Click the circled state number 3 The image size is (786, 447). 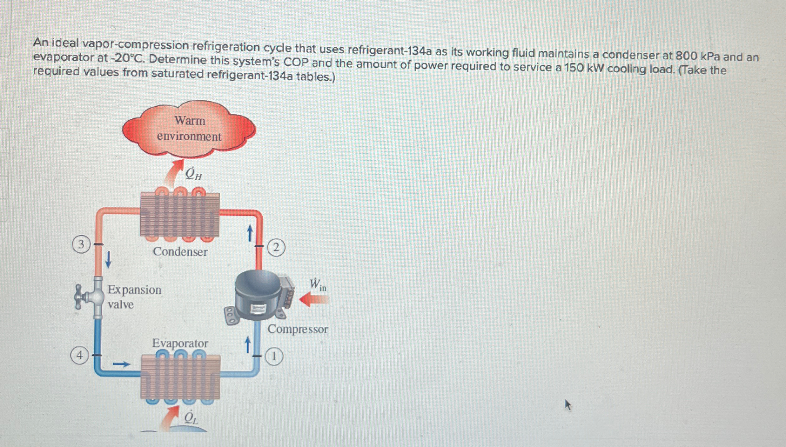pyautogui.click(x=81, y=244)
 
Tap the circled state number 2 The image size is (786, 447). pyautogui.click(x=276, y=247)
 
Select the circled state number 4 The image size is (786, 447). pyautogui.click(x=79, y=355)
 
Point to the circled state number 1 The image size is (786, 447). pyautogui.click(x=274, y=356)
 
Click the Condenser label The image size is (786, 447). pyautogui.click(x=180, y=252)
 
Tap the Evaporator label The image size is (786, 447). pyautogui.click(x=180, y=343)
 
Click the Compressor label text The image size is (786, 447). pyautogui.click(x=298, y=329)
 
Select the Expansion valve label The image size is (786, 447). pyautogui.click(x=134, y=297)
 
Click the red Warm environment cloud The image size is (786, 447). pyautogui.click(x=189, y=129)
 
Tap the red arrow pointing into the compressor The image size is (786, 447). pyautogui.click(x=314, y=299)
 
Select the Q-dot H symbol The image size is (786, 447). pyautogui.click(x=193, y=174)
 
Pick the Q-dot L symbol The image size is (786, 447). pyautogui.click(x=191, y=418)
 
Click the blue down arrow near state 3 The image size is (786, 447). pyautogui.click(x=108, y=259)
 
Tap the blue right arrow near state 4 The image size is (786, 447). pyautogui.click(x=122, y=364)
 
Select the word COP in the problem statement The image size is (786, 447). pyautogui.click(x=296, y=62)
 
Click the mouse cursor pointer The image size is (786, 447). pyautogui.click(x=568, y=405)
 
